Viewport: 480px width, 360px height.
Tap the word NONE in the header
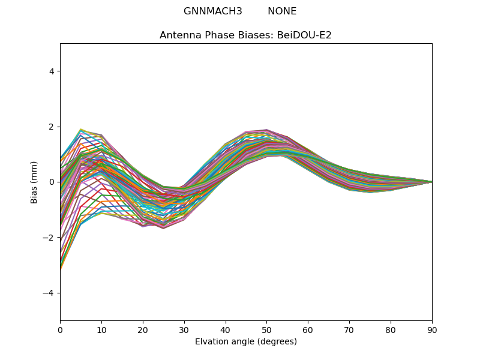[x=282, y=11]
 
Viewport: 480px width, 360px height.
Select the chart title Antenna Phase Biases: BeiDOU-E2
[x=245, y=35]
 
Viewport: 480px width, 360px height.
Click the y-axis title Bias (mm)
[x=34, y=182]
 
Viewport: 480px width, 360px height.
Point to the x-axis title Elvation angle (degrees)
[x=245, y=342]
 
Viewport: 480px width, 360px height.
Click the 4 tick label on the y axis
[x=51, y=71]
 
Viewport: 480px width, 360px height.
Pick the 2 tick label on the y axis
[x=51, y=127]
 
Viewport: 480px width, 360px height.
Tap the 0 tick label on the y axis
[x=51, y=182]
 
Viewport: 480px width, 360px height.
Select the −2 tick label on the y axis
[x=49, y=238]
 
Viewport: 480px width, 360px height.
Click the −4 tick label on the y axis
[x=49, y=293]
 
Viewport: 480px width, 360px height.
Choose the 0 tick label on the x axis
[x=60, y=330]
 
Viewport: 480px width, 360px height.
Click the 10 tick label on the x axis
[x=101, y=330]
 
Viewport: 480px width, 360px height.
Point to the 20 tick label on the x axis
[x=143, y=330]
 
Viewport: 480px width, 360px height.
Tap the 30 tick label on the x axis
[x=184, y=330]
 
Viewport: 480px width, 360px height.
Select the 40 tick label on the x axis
[x=225, y=330]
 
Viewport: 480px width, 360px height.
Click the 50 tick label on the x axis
[x=266, y=330]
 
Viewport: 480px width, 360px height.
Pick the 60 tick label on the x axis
[x=308, y=330]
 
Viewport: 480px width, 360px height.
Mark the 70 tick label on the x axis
[x=349, y=330]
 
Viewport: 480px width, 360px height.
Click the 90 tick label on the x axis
[x=432, y=330]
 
